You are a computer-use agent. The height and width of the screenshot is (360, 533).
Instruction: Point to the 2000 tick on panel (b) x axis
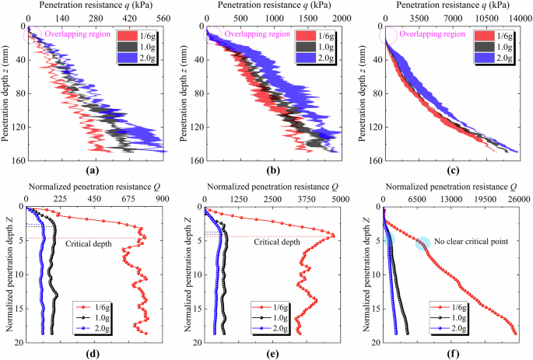(x=339, y=16)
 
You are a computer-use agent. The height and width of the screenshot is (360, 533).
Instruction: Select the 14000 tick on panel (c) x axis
(x=517, y=16)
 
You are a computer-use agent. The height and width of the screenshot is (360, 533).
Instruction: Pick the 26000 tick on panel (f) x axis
(x=516, y=198)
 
